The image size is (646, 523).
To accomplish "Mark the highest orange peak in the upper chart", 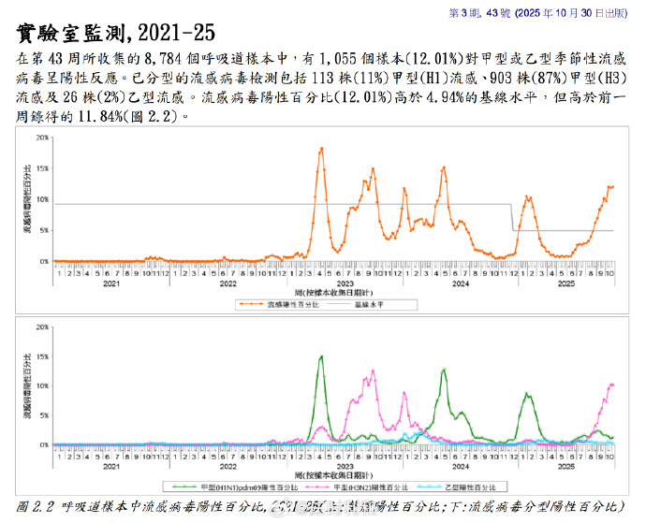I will [x=321, y=149].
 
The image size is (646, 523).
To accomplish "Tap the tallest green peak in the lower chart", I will [x=321, y=356].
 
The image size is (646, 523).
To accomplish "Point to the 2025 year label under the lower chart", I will [x=565, y=465].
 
